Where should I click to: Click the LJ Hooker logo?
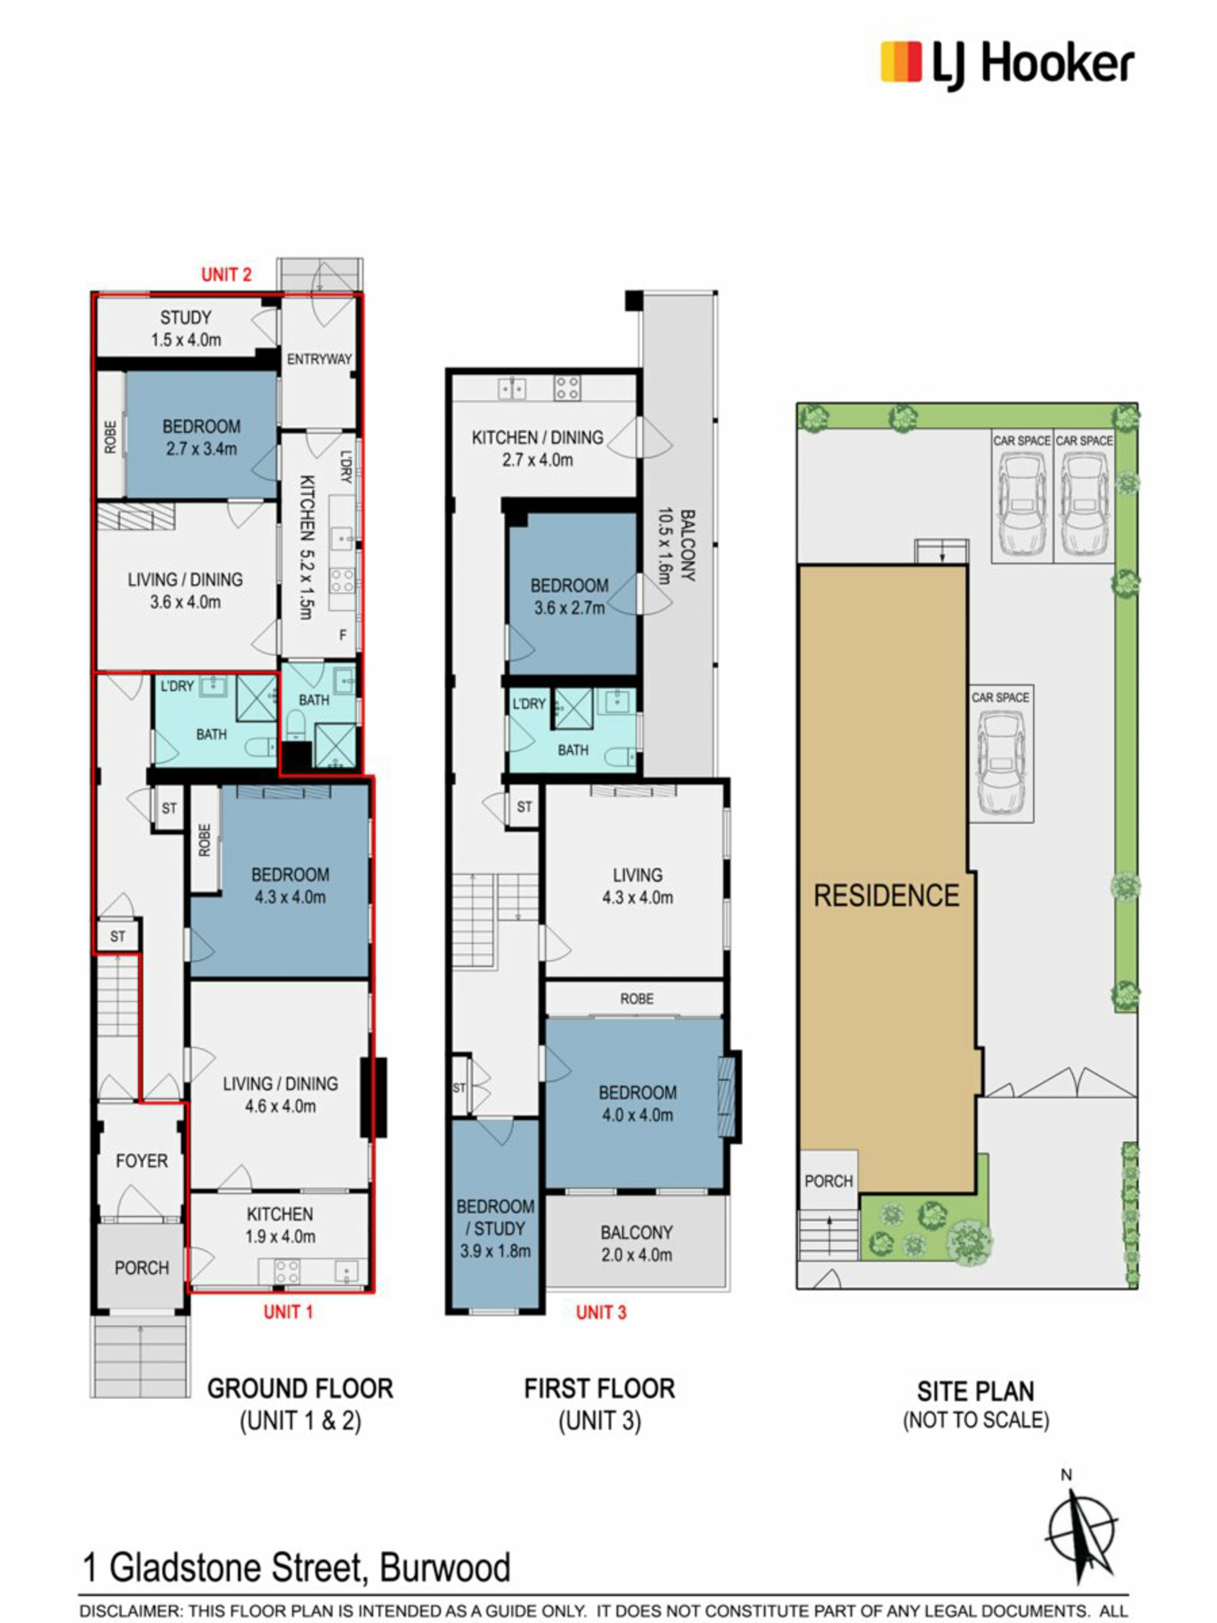tap(1007, 65)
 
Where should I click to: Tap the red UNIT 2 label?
tap(227, 275)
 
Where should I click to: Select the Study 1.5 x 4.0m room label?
tap(186, 328)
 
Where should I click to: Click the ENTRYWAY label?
tap(319, 359)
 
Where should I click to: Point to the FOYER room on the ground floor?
tap(141, 1161)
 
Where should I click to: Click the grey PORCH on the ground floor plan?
tap(141, 1268)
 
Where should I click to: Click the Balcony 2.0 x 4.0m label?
tap(637, 1243)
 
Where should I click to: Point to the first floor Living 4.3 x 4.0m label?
tap(638, 886)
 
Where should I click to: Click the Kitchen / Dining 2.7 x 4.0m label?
tap(538, 448)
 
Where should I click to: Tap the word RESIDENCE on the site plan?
tap(887, 895)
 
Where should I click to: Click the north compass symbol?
tap(1081, 1534)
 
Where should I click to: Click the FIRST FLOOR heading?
tap(600, 1389)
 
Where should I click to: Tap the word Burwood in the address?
tap(445, 1568)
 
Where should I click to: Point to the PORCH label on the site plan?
tap(829, 1180)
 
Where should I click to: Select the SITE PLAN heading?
tap(976, 1391)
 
